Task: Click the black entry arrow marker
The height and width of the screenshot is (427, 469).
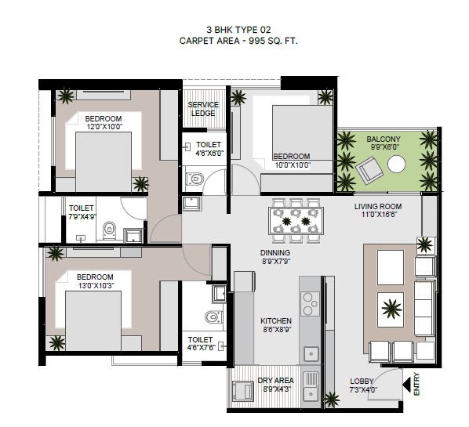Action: point(407,385)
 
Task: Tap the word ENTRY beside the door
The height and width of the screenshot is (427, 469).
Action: point(416,384)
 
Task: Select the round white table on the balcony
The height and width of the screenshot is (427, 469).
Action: point(397,164)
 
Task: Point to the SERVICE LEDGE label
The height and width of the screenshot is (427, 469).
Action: point(203,109)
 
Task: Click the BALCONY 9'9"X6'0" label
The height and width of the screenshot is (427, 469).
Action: point(384,143)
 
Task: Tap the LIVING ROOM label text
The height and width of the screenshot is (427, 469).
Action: point(378,207)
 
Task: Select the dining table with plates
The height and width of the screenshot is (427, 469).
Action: point(296,221)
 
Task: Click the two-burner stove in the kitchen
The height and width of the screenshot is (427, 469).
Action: point(310,304)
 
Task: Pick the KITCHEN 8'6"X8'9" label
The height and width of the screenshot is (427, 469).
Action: point(276,325)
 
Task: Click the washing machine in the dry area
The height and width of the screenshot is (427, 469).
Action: point(243,390)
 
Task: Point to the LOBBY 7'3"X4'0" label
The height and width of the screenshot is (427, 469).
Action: point(363,385)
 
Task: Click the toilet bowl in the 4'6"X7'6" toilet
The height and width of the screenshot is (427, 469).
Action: point(213,317)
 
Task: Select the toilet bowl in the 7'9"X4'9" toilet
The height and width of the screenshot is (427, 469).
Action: point(109,230)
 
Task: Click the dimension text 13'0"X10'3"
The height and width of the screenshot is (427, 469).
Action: point(96,286)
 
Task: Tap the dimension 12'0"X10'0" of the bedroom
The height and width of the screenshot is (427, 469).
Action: point(104,127)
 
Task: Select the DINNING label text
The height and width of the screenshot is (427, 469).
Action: point(275,253)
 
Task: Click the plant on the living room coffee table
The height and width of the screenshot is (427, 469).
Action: point(391,309)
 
